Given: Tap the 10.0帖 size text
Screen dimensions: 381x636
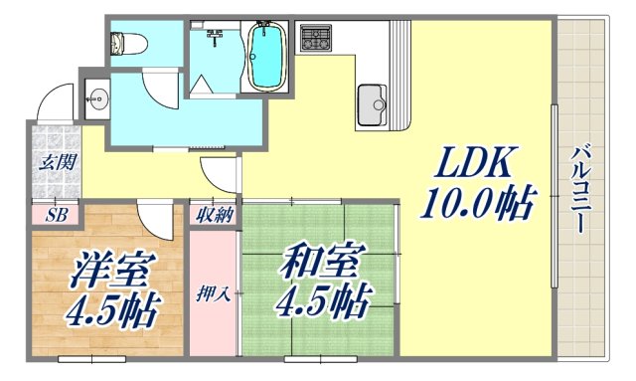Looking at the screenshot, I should coord(476,204).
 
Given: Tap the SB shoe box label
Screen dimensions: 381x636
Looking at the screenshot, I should coord(56,214).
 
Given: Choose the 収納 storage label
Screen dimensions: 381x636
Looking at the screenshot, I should coord(214,213).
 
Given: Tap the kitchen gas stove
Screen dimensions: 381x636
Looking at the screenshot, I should coord(319,41).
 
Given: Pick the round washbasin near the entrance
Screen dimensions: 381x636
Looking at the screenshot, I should coord(97,96).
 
